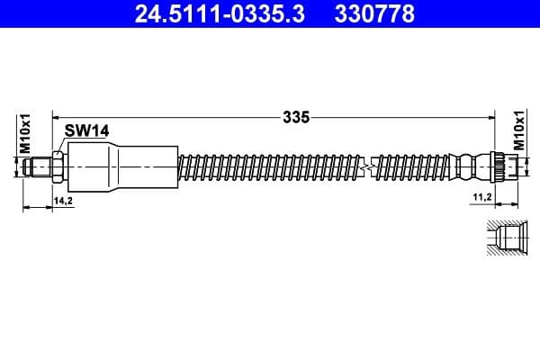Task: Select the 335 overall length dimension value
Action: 295,116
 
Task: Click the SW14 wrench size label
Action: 87,130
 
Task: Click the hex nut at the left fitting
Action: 58,166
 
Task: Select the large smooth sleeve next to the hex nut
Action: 121,166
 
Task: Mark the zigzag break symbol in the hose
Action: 364,166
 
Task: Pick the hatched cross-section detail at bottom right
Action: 503,238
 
